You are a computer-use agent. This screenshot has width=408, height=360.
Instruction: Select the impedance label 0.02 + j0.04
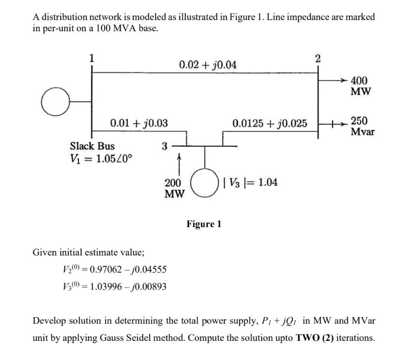point(207,64)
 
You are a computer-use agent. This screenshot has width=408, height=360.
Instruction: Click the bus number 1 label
point(91,58)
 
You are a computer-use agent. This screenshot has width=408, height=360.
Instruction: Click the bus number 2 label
point(318,58)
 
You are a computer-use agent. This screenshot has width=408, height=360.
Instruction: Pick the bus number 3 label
point(164,146)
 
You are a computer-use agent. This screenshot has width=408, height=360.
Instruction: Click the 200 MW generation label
point(175,188)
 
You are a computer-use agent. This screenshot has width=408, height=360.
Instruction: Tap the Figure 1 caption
point(204,224)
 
